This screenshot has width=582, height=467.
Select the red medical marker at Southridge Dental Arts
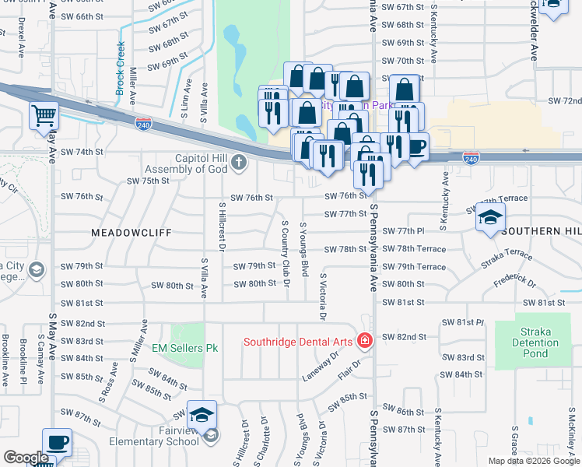coord(364,340)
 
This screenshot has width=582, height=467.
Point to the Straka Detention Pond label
coord(535,342)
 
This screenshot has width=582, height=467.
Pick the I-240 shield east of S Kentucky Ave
coord(470,158)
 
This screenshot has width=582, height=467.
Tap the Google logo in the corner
coord(26,458)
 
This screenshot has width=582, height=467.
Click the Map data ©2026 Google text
coord(532,461)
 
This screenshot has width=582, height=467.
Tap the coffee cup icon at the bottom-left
coord(58,442)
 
